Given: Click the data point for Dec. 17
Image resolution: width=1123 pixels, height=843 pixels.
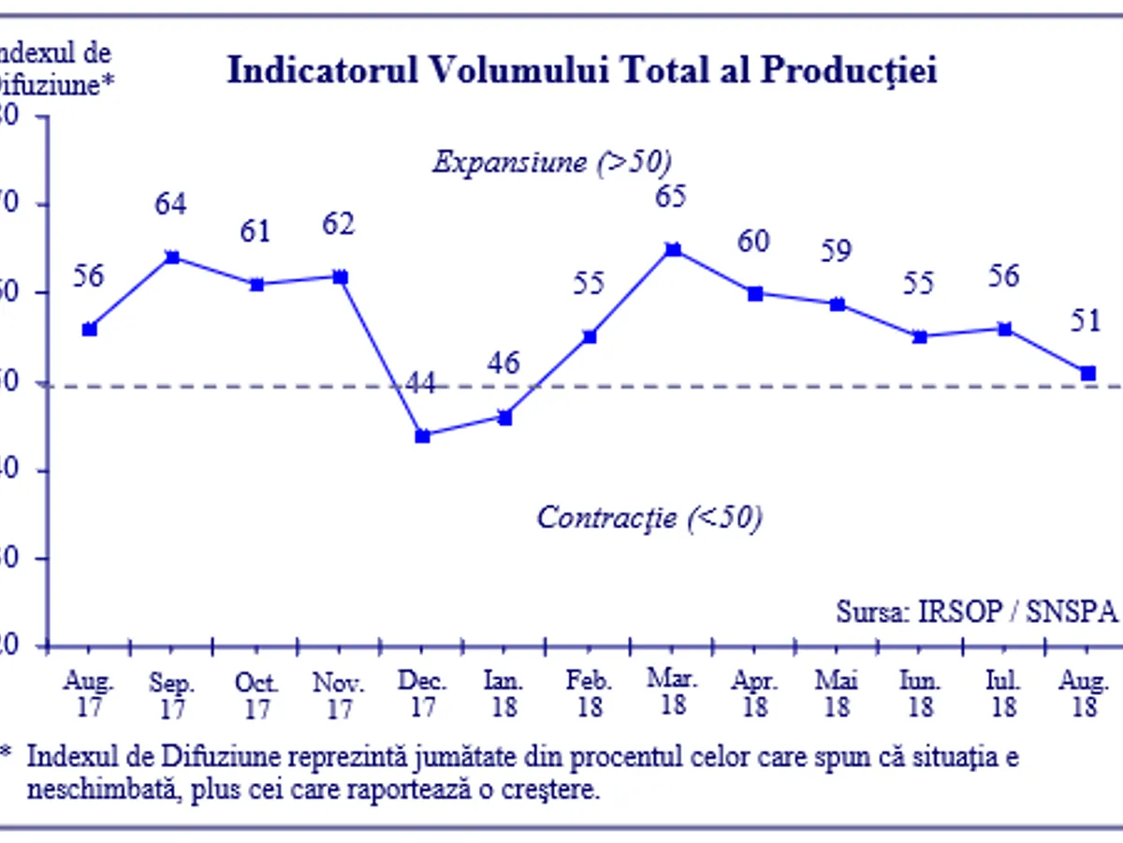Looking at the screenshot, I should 422,436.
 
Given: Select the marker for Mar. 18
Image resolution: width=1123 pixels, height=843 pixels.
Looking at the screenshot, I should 672,249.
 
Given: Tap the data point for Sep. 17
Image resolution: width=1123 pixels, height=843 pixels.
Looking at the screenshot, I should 171,257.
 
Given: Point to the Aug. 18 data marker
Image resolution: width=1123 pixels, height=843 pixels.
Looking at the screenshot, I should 1088,373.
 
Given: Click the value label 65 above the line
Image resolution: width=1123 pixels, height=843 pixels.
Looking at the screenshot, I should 671,197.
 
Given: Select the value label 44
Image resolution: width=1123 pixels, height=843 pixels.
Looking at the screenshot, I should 421,384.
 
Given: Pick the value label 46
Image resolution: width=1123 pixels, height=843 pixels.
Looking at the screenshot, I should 504,363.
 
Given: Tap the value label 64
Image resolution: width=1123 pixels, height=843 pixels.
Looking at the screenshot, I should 170,204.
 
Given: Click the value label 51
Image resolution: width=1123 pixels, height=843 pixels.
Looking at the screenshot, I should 1087,321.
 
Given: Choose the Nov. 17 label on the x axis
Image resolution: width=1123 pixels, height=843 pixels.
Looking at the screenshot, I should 340,695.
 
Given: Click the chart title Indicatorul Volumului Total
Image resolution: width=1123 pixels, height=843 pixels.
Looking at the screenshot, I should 582,71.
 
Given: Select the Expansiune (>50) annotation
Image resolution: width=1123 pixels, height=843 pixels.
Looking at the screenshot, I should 552,162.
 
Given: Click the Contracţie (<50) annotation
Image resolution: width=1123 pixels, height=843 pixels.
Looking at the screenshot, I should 649,517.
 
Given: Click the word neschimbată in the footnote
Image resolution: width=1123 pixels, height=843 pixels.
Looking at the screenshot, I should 103,790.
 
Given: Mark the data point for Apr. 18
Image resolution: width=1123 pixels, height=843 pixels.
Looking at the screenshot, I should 755,293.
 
